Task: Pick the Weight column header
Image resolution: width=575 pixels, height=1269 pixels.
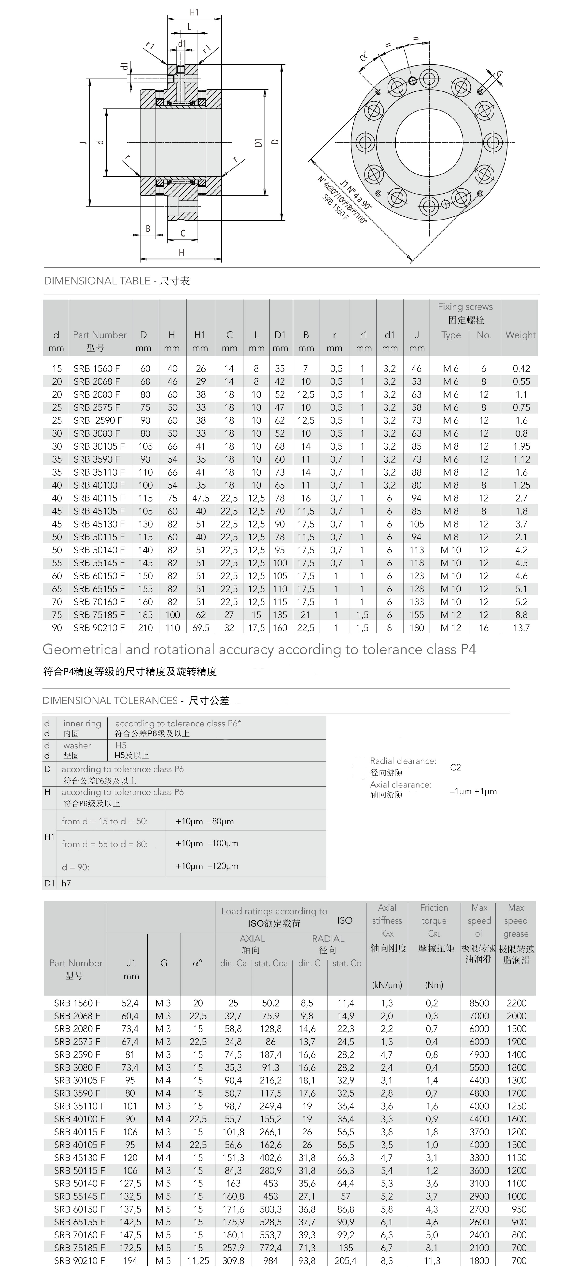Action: point(520,335)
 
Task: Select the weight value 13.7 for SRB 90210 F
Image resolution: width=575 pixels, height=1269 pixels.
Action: point(521,628)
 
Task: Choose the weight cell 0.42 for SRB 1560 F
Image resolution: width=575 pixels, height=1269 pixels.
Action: point(521,369)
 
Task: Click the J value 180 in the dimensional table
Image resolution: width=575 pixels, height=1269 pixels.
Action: point(416,628)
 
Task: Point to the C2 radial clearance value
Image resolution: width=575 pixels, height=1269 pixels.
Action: point(455,767)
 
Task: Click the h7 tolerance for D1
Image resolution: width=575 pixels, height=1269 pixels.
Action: point(66,883)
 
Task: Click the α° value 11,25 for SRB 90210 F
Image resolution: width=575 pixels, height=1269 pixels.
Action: point(198,1261)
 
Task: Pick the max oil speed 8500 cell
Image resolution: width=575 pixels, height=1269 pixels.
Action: point(479,1003)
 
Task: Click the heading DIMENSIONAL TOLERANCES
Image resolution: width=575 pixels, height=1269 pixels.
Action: point(110,701)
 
